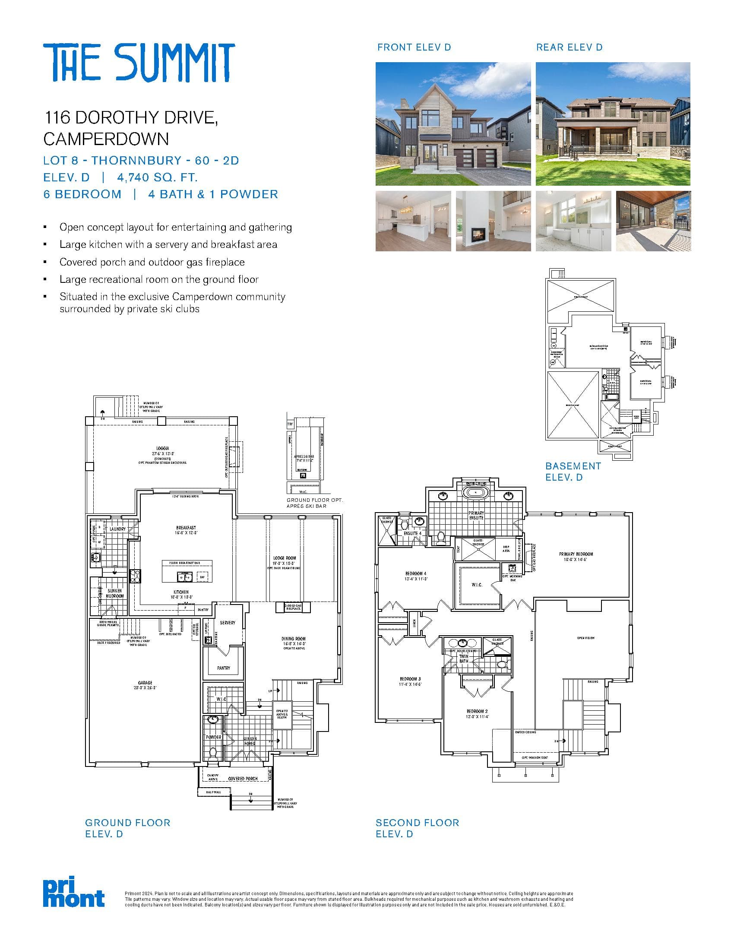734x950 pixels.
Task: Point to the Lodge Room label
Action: click(285, 558)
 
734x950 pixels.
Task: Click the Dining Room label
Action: click(294, 639)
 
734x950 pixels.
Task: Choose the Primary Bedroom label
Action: click(576, 554)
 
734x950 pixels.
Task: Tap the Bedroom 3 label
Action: click(410, 679)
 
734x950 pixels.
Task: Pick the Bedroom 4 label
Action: click(416, 574)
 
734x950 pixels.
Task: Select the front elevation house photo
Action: click(453, 124)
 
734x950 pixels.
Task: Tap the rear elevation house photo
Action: click(613, 124)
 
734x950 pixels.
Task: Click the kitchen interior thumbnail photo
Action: click(413, 221)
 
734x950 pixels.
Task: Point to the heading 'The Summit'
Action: click(139, 63)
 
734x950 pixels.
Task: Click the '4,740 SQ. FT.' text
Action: click(158, 177)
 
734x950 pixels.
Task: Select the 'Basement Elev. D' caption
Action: click(573, 472)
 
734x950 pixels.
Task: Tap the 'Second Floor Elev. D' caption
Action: click(417, 828)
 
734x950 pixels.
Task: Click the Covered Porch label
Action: click(243, 779)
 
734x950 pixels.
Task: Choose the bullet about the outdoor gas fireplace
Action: click(152, 262)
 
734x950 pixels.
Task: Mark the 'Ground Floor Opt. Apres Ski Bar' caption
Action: click(314, 503)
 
